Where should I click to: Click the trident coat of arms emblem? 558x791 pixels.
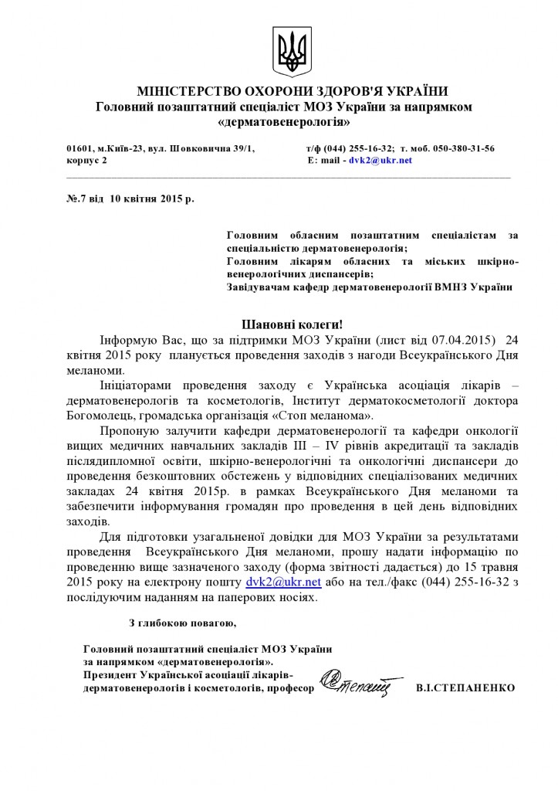[293, 50]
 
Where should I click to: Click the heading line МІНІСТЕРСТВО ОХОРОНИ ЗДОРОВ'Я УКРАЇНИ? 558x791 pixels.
[292, 91]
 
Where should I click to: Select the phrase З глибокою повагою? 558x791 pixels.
[182, 622]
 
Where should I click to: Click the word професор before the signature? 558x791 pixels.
[290, 687]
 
